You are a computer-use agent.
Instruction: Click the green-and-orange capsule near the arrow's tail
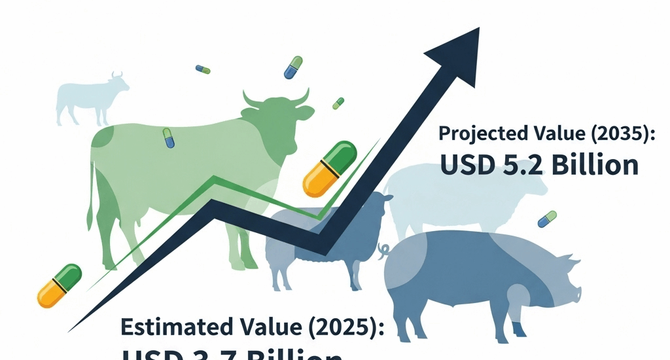(x=59, y=285)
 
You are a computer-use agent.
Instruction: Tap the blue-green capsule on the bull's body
(x=168, y=137)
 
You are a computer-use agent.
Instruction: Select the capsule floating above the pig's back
(x=547, y=219)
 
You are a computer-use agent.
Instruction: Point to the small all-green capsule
(x=338, y=103)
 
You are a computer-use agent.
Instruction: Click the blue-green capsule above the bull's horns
(x=292, y=67)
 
